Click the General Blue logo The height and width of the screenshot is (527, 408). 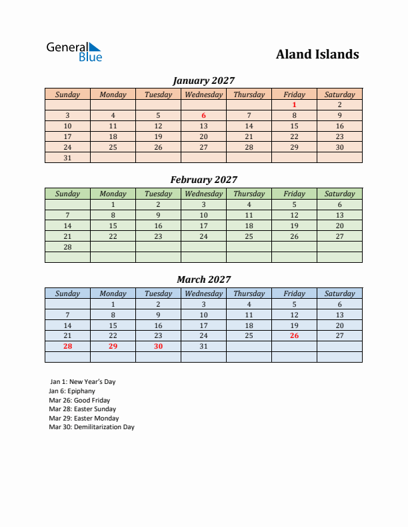(74, 52)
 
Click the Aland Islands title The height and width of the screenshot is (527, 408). (317, 55)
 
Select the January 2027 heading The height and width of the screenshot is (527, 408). (203, 81)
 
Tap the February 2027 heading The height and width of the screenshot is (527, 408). (203, 180)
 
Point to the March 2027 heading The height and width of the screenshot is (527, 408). (203, 279)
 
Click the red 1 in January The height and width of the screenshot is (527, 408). (294, 104)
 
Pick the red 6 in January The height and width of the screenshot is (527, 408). (203, 115)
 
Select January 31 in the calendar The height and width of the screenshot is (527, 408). (67, 158)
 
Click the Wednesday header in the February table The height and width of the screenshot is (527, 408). (203, 194)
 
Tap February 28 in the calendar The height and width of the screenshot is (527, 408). (67, 247)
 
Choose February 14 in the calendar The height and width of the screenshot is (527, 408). (67, 226)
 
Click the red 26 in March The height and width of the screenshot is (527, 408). (294, 336)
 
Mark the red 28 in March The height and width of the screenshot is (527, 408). (67, 347)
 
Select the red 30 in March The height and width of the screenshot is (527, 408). (158, 347)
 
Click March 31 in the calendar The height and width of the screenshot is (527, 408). (203, 347)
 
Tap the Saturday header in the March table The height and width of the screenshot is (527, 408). (339, 293)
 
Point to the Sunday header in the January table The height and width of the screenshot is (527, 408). (67, 94)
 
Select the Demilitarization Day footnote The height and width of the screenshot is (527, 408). (91, 427)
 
